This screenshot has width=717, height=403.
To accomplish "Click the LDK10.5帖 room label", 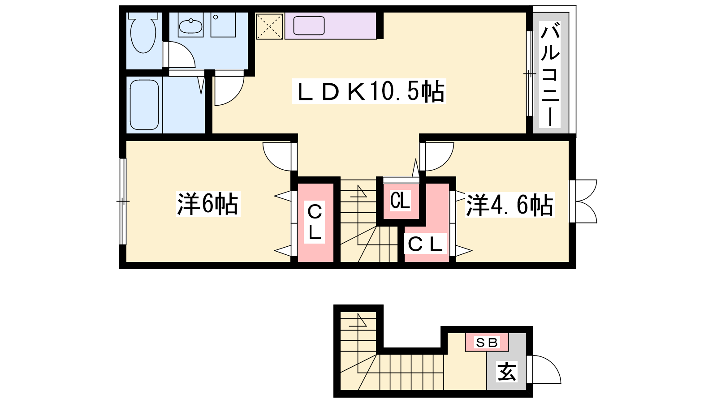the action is coord(369,91).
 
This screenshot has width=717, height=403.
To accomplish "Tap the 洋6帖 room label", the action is coord(208,204).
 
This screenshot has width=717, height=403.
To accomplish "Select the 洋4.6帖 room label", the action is coord(510,205).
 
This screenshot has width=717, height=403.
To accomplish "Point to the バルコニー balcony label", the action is coord(549,74).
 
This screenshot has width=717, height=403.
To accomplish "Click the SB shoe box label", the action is coord(487,343).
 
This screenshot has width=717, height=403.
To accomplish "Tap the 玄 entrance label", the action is coord(507,372).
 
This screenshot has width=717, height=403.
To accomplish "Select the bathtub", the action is coord(144,105).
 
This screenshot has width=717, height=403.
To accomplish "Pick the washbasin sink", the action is coord(190,26).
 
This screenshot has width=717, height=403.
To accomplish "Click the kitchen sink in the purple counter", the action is coord(309,26).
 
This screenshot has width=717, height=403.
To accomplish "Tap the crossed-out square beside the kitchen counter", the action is coord(269,26).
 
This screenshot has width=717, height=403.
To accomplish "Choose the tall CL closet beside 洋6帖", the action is coord(315,223).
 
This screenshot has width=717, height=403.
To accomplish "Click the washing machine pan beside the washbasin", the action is coord(223,25).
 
